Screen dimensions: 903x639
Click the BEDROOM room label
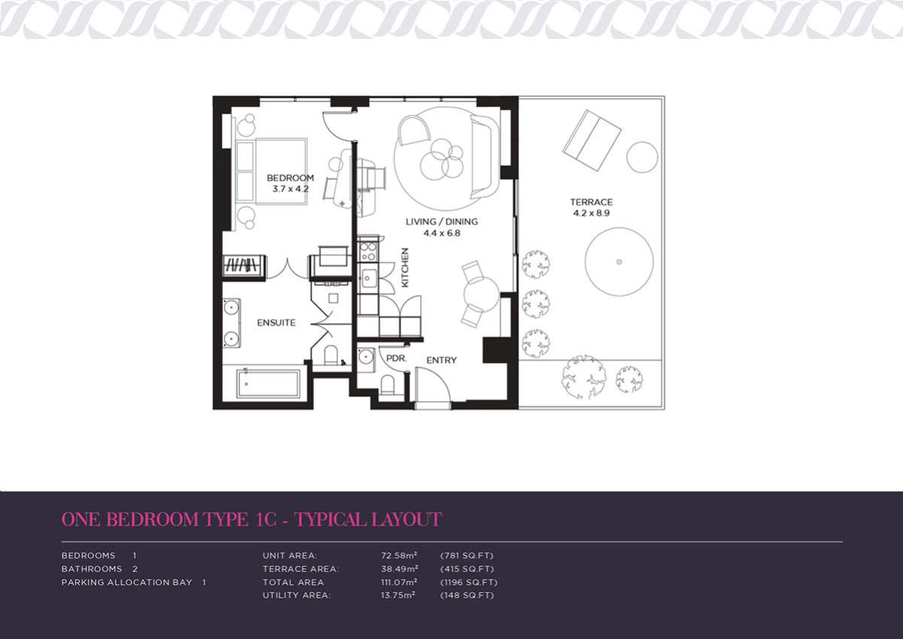(x=290, y=178)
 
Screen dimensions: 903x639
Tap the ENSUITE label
(x=276, y=323)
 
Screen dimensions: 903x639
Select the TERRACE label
(x=591, y=202)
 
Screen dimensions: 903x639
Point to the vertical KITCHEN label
(x=405, y=267)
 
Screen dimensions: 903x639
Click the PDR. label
(x=397, y=358)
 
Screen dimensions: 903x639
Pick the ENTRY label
(x=442, y=360)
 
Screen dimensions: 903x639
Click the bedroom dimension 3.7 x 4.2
(x=290, y=189)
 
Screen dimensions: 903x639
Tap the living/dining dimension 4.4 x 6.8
(x=442, y=233)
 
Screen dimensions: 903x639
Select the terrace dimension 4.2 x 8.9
(x=591, y=213)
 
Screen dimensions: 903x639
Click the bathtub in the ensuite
(x=269, y=384)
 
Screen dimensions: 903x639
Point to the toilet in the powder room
(x=388, y=385)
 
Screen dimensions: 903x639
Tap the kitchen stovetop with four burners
(x=368, y=251)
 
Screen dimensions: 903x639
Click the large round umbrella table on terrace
(x=619, y=262)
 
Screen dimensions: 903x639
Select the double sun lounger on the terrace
(x=591, y=141)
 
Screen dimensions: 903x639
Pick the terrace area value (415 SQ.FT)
(x=467, y=569)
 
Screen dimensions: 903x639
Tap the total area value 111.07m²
(x=399, y=582)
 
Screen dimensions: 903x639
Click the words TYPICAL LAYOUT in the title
(x=368, y=519)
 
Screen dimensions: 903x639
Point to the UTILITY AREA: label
(x=296, y=595)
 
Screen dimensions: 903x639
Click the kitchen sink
(x=368, y=278)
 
